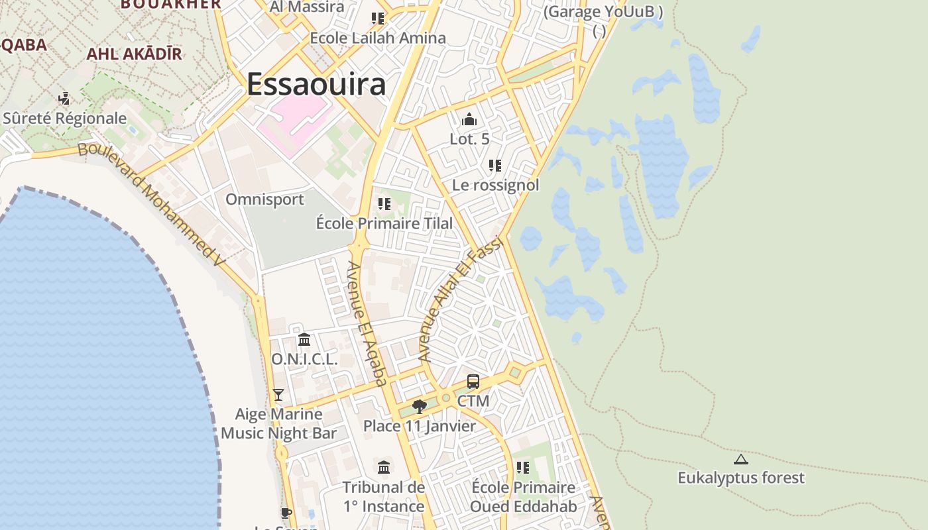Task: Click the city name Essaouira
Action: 316,85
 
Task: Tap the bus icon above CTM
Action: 473,382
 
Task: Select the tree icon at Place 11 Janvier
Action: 419,406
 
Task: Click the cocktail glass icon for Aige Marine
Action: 278,395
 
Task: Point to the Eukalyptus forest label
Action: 740,478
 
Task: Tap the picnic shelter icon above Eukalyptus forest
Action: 740,459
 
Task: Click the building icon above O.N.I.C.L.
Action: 304,340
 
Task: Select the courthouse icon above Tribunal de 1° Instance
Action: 384,468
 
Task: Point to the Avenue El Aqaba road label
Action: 367,323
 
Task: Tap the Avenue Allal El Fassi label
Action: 462,299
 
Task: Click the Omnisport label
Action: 264,199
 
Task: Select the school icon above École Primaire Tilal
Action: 384,204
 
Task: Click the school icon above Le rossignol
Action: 495,166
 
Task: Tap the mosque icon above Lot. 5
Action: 469,120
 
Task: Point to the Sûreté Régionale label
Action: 64,119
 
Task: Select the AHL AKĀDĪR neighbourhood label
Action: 134,54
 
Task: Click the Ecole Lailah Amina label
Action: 378,38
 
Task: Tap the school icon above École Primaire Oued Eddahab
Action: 523,468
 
